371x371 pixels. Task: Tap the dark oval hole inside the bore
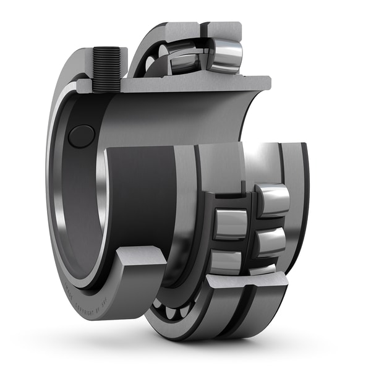[81, 136]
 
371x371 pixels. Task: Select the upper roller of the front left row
[231, 223]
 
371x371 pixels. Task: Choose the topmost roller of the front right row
[272, 198]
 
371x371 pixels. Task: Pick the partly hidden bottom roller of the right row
[262, 270]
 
